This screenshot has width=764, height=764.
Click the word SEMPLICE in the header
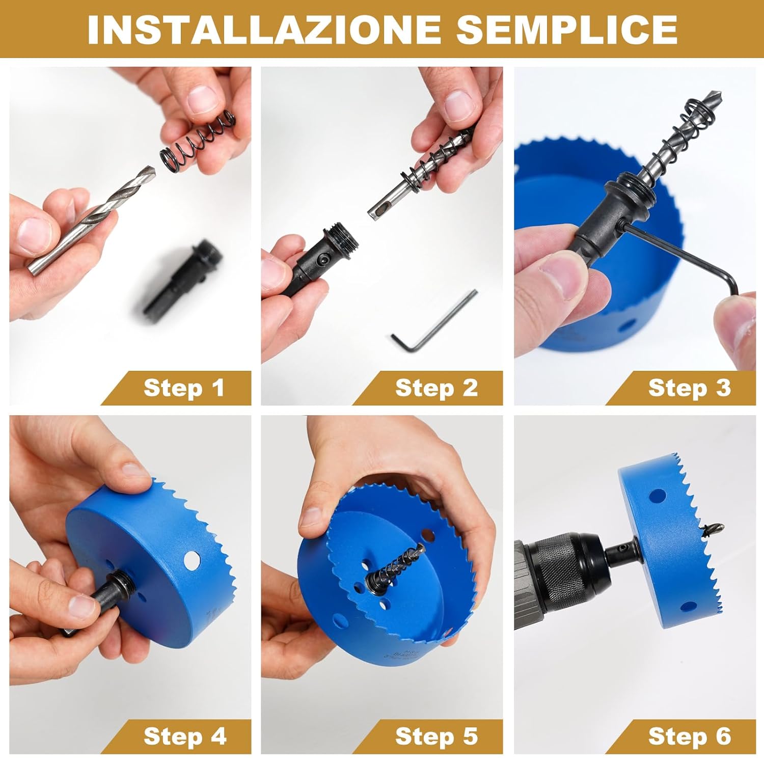point(566,29)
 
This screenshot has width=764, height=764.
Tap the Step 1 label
point(184,388)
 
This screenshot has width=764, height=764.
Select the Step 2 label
point(436,388)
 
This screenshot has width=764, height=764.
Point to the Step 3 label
point(689,388)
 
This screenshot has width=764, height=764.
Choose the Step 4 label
point(184,736)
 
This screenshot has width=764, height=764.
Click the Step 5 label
point(436,736)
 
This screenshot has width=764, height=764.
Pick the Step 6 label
point(689,736)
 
